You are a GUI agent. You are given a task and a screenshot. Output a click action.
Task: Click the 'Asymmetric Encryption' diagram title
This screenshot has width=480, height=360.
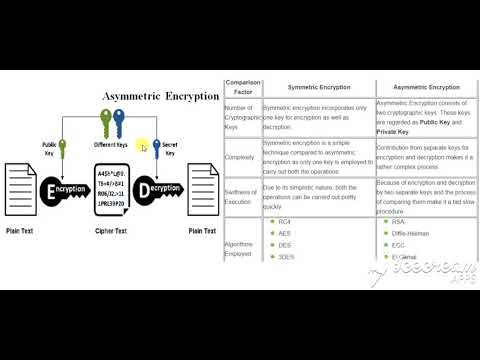(160, 96)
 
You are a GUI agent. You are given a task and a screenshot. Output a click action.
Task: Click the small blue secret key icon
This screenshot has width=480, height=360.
(156, 150)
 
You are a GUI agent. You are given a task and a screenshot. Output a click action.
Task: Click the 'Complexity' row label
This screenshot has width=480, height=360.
(241, 157)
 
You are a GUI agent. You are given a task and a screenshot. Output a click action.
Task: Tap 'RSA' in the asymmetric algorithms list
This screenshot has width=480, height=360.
(398, 221)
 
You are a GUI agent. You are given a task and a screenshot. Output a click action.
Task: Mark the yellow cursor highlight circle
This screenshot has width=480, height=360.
(143, 147)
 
